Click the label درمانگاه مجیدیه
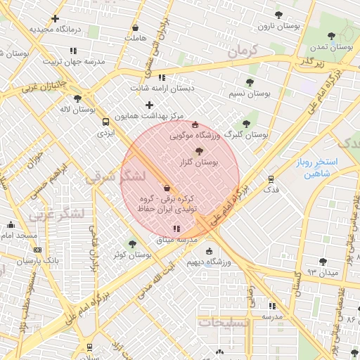[56, 30]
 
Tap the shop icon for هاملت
[135, 28]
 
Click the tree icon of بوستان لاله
[77, 98]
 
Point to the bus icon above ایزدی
[105, 120]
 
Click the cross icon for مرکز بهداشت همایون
[149, 105]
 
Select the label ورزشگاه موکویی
[195, 134]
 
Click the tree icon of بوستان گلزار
[199, 150]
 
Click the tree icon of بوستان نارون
[279, 14]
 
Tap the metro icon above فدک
[271, 179]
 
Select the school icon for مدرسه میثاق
[176, 229]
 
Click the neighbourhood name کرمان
[243, 52]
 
